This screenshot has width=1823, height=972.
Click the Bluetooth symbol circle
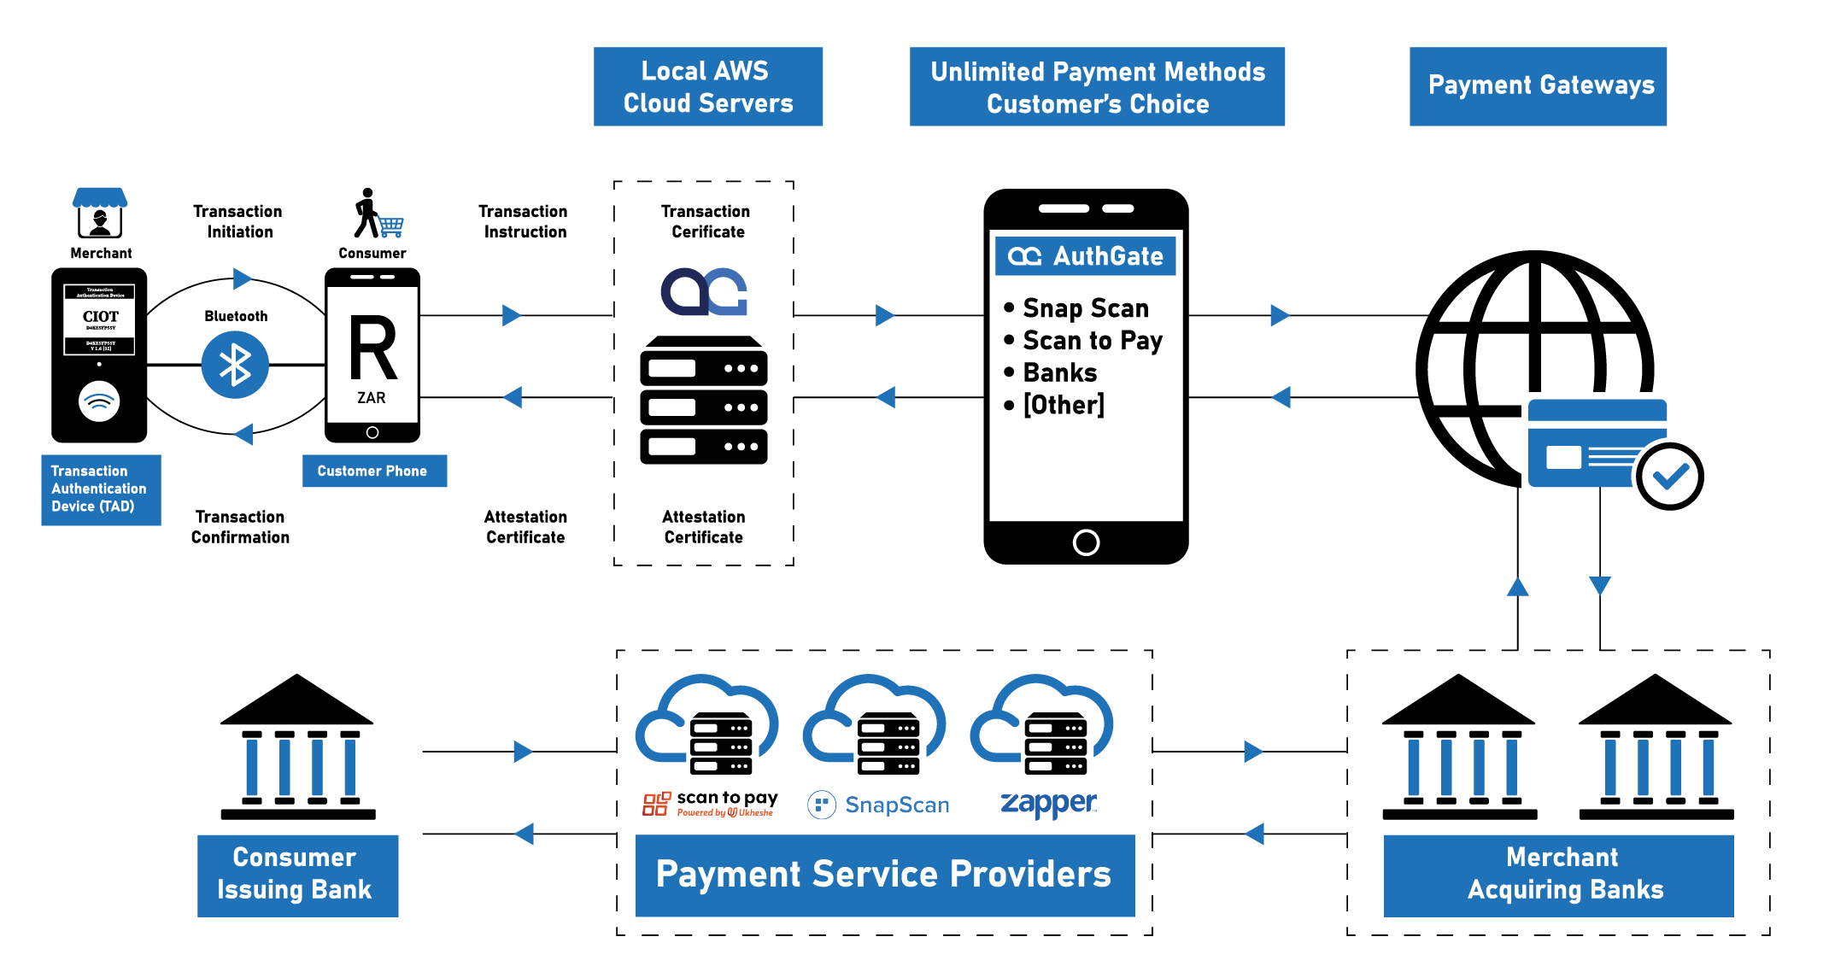click(x=235, y=365)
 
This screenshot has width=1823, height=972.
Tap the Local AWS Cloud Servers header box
click(x=708, y=87)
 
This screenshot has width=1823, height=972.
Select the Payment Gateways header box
click(x=1538, y=86)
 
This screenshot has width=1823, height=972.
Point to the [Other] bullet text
click(x=1063, y=405)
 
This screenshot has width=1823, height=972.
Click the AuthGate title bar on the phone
click(x=1086, y=256)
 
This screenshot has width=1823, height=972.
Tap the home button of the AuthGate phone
click(x=1086, y=542)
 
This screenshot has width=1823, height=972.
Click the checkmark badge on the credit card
click(x=1669, y=476)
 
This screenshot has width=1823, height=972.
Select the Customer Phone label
click(x=373, y=471)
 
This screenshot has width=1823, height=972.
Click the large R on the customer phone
click(x=373, y=348)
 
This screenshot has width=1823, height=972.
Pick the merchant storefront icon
click(x=100, y=214)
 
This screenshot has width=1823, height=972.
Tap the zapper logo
click(x=1048, y=804)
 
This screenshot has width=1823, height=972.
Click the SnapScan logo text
click(x=896, y=805)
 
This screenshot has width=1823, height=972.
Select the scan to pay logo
click(x=710, y=804)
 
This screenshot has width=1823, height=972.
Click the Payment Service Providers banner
click(x=884, y=875)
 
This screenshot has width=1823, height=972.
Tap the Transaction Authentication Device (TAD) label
click(x=100, y=489)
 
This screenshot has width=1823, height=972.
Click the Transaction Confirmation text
click(x=240, y=527)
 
